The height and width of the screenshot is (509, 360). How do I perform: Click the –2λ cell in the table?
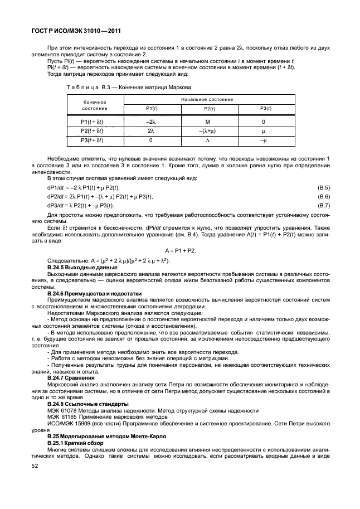[150, 122]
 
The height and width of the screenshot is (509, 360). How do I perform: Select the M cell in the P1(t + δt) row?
[206, 122]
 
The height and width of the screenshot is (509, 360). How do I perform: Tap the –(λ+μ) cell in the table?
[206, 131]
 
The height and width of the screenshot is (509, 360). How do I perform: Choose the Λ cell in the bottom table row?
[206, 140]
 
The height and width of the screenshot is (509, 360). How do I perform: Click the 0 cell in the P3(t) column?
[263, 122]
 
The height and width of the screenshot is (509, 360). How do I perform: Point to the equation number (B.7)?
[323, 206]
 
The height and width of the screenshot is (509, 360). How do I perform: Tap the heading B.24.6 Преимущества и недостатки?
[95, 293]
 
